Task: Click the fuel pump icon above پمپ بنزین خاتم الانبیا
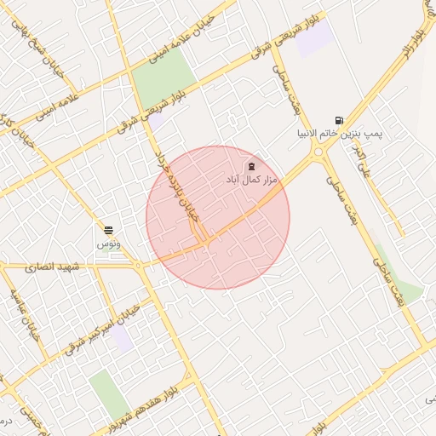tap(340, 121)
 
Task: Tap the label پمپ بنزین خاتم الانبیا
tap(340, 135)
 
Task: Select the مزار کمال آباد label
tap(252, 181)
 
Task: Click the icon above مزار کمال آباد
tap(251, 167)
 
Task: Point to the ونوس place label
tap(109, 244)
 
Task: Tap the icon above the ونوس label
tap(109, 231)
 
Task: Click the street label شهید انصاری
tap(52, 267)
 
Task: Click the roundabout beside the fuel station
tap(320, 154)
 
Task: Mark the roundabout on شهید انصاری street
tap(138, 266)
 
